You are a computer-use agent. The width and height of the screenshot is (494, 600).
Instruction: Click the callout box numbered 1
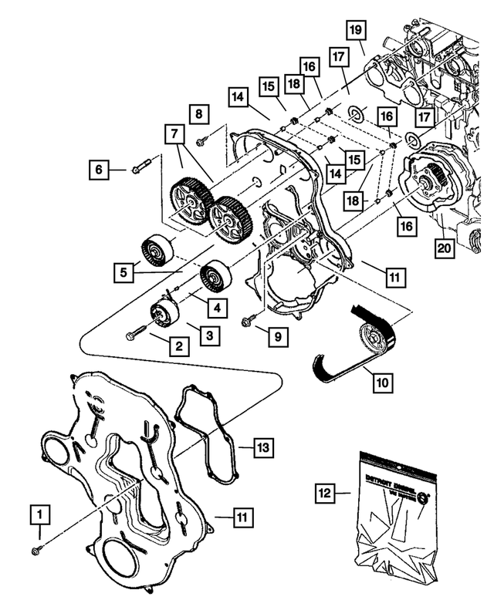click(x=39, y=513)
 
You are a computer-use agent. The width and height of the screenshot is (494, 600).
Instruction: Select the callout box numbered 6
click(x=98, y=167)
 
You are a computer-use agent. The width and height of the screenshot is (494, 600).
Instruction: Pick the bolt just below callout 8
click(x=201, y=140)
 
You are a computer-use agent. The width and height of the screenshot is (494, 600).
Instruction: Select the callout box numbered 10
click(x=381, y=379)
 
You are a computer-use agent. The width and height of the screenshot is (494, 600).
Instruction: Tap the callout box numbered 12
click(x=327, y=490)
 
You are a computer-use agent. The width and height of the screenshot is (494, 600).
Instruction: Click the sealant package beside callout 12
click(x=394, y=509)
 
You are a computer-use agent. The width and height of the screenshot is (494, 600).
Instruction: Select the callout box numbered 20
click(x=444, y=248)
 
